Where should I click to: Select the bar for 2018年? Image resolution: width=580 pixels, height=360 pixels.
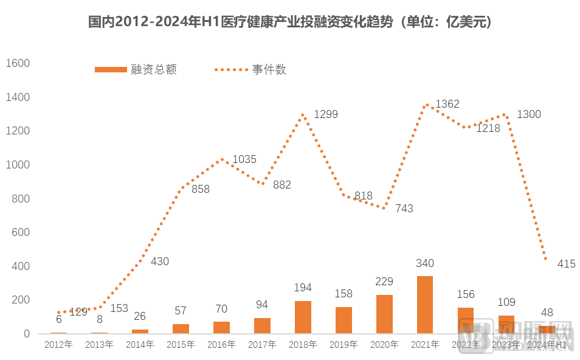303,317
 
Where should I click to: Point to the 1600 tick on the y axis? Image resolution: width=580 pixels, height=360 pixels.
18,63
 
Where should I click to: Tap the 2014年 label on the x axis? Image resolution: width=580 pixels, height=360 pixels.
140,345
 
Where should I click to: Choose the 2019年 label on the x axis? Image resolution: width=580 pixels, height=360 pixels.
344,345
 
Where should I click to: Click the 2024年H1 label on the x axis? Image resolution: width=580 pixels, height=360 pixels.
547,345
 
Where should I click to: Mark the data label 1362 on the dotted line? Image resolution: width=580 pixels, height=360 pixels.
447,104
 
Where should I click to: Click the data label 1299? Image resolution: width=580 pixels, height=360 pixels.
325,114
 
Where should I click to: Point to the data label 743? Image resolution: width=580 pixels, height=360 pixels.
404,209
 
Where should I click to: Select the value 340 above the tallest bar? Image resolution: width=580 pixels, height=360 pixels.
425,263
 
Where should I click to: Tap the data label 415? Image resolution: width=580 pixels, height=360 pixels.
565,264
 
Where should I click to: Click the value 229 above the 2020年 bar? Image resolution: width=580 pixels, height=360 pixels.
384,282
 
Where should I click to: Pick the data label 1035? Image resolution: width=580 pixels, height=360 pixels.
244,159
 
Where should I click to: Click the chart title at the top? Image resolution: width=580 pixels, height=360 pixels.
290,22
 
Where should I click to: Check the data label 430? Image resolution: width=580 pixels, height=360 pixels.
160,261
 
